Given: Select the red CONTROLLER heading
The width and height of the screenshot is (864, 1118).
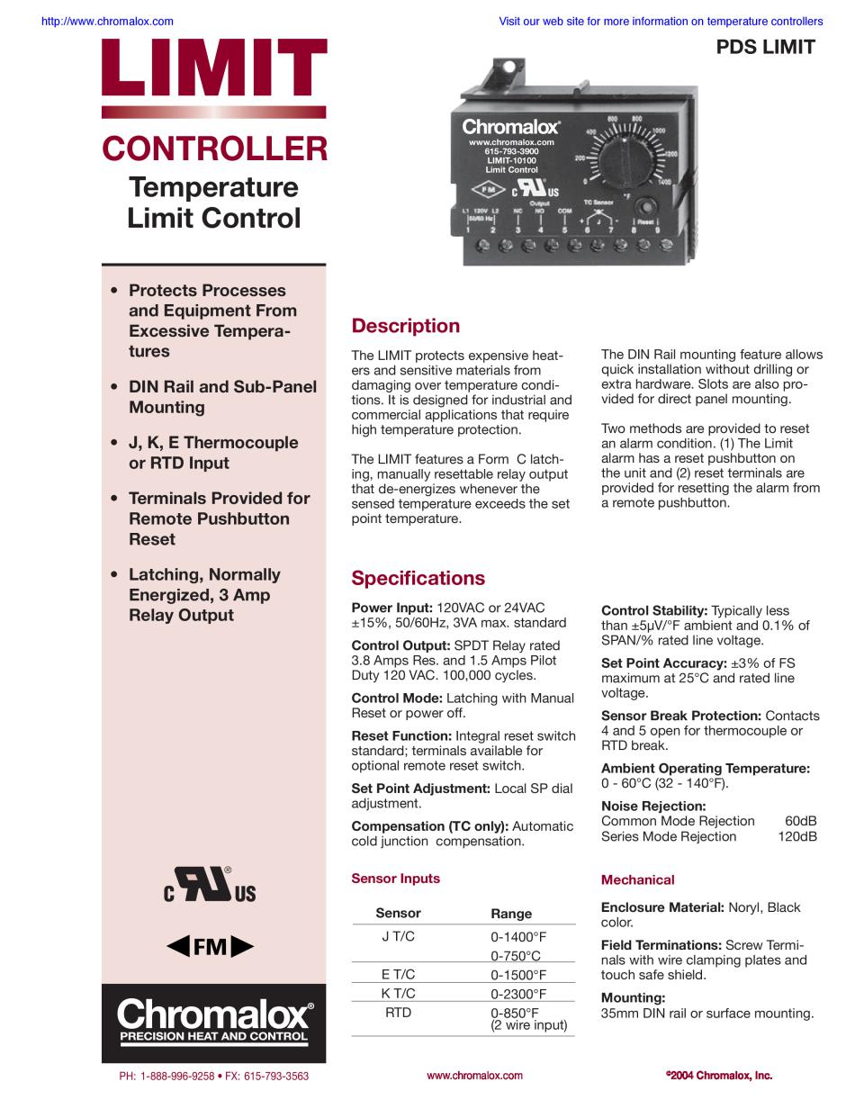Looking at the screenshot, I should (x=214, y=149).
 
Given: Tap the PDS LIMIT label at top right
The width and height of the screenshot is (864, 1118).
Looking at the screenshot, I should (x=765, y=48).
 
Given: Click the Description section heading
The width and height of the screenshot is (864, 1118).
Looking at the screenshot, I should (x=405, y=326).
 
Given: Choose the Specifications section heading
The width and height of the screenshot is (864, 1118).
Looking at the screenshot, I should (x=418, y=578).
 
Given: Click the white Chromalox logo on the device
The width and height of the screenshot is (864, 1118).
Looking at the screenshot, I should (x=510, y=127).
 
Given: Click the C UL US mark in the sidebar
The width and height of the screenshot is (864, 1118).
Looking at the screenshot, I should (x=210, y=886).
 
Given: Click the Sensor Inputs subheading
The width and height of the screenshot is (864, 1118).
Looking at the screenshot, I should (x=395, y=879).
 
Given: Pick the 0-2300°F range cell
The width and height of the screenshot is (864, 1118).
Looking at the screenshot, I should (x=518, y=994).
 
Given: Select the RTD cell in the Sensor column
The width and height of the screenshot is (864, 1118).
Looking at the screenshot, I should (x=398, y=1013).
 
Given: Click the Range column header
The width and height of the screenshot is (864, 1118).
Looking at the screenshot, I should (x=511, y=913).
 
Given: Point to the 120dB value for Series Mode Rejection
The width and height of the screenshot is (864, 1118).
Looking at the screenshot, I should (x=797, y=836).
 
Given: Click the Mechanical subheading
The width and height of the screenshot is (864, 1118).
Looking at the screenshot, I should (x=637, y=879).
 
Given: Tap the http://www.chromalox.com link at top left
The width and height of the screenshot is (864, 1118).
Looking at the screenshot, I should (x=108, y=21).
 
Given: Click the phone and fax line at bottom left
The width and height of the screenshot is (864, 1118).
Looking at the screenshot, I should (x=213, y=1076).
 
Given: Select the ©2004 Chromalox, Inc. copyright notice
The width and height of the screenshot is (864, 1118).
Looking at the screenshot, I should (x=719, y=1075).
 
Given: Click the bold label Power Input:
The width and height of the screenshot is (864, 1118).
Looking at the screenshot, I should (x=391, y=608).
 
